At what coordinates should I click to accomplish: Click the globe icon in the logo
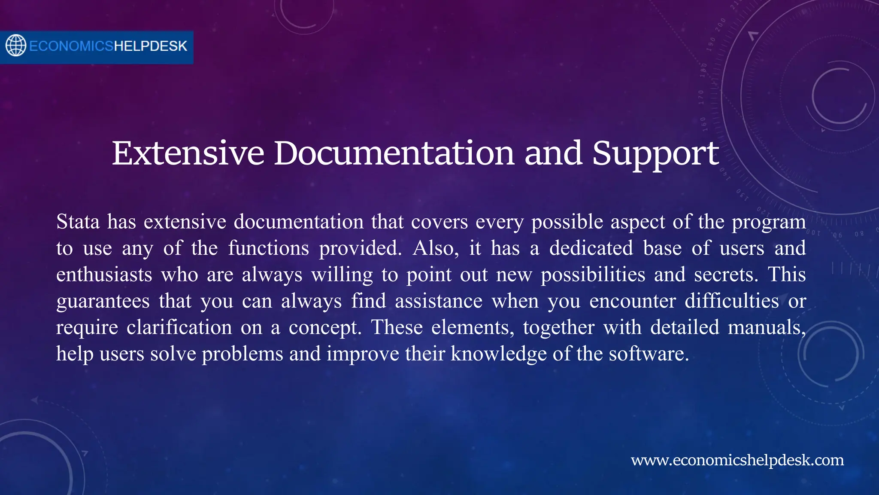pyautogui.click(x=16, y=46)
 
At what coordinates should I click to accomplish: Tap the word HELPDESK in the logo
pyautogui.click(x=150, y=46)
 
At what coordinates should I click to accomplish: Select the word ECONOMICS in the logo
pyautogui.click(x=71, y=46)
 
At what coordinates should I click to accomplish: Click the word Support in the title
pyautogui.click(x=655, y=153)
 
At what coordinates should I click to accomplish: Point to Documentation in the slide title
pyautogui.click(x=394, y=153)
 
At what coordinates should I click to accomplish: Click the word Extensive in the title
pyautogui.click(x=188, y=153)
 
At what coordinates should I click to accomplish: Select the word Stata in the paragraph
pyautogui.click(x=78, y=222)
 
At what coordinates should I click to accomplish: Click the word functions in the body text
pyautogui.click(x=268, y=248)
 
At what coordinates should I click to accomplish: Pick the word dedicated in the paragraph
pyautogui.click(x=591, y=248)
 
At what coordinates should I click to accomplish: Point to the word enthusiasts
pyautogui.click(x=104, y=275)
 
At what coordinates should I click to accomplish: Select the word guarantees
pyautogui.click(x=103, y=302)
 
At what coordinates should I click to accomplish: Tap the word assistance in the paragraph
pyautogui.click(x=439, y=301)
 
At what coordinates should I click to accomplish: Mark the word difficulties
pyautogui.click(x=731, y=301)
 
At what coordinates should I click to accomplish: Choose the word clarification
pyautogui.click(x=179, y=327)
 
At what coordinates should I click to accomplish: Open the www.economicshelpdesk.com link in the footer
pyautogui.click(x=737, y=460)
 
